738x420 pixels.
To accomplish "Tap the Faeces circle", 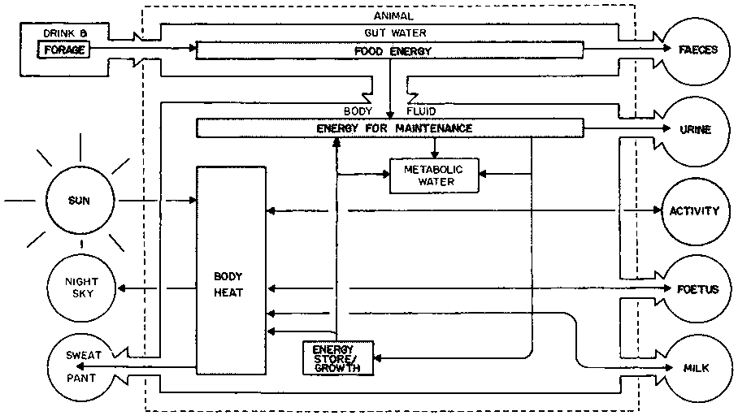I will pyautogui.click(x=697, y=50).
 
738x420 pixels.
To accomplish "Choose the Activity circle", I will pyautogui.click(x=693, y=211).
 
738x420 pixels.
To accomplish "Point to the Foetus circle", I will pyautogui.click(x=697, y=289).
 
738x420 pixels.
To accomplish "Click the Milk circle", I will pyautogui.click(x=697, y=368).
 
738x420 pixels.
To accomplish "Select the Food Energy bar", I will pyautogui.click(x=390, y=50).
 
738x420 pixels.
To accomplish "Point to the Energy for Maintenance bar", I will pyautogui.click(x=390, y=128).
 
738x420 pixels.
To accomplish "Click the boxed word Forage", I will pyautogui.click(x=61, y=50).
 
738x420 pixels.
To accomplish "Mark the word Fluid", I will pyautogui.click(x=422, y=110).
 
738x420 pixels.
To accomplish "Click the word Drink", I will pyautogui.click(x=58, y=33).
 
